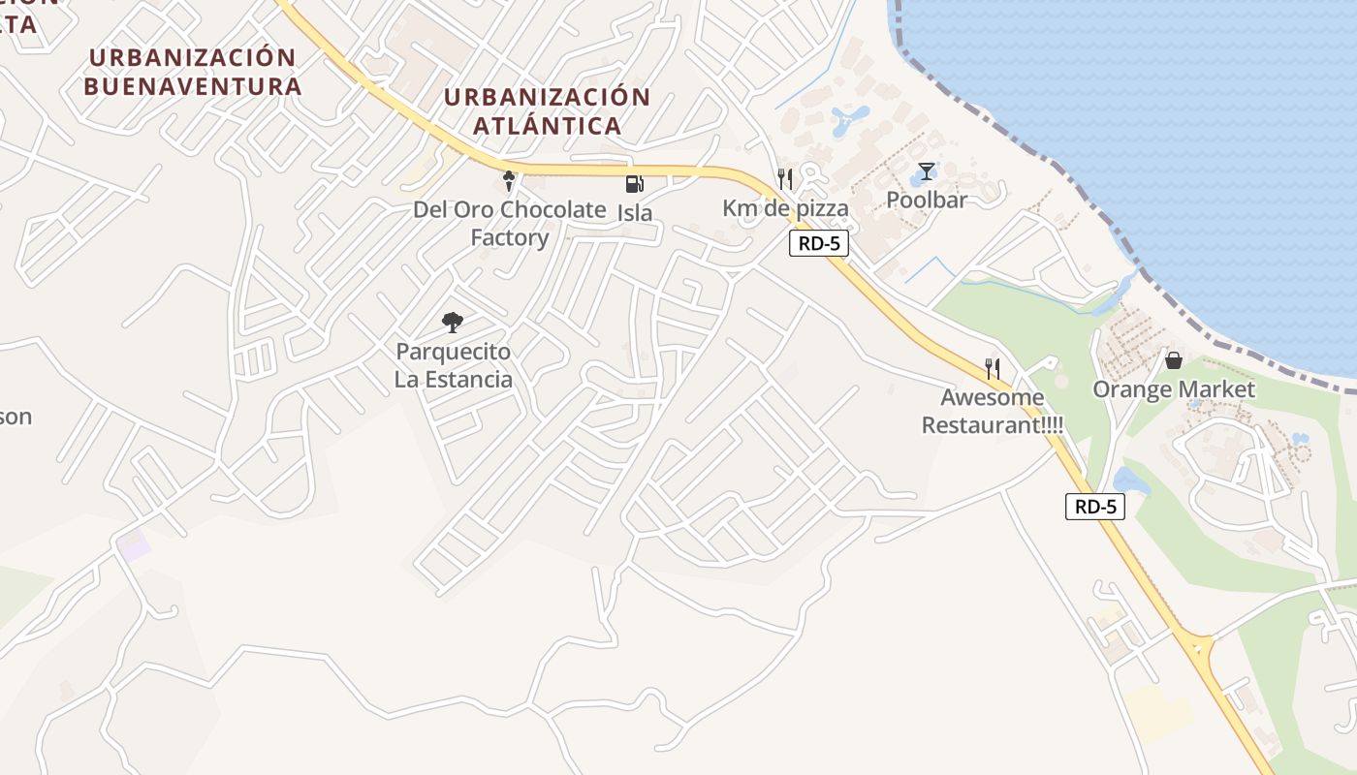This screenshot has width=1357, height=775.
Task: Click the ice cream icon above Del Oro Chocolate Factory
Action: pos(509,181)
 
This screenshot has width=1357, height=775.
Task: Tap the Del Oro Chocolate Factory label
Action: pos(509,224)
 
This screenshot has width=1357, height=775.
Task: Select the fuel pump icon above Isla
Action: pos(634,184)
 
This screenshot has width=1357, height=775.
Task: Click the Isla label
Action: pos(635,212)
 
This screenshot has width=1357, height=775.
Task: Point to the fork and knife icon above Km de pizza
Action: pos(785,179)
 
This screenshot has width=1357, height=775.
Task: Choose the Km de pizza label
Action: pos(785,208)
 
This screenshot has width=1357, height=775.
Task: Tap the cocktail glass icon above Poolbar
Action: pos(928,172)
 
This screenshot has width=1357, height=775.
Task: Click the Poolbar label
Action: pos(927,201)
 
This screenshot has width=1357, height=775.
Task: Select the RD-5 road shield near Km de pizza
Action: pos(819,243)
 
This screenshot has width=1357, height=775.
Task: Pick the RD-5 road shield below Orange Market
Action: pos(1095,506)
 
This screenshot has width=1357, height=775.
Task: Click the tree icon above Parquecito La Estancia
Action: pos(452,323)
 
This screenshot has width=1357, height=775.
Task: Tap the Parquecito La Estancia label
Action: pos(453,365)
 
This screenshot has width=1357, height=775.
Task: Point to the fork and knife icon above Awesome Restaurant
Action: pos(993,368)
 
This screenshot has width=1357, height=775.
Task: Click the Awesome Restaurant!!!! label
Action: pos(992,411)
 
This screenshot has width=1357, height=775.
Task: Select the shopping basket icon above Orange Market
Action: pos(1174,360)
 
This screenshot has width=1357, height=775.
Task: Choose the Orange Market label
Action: pos(1174,389)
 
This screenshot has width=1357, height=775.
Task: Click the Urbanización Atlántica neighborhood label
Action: pos(547,111)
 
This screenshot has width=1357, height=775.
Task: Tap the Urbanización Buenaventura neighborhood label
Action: pos(192,72)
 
